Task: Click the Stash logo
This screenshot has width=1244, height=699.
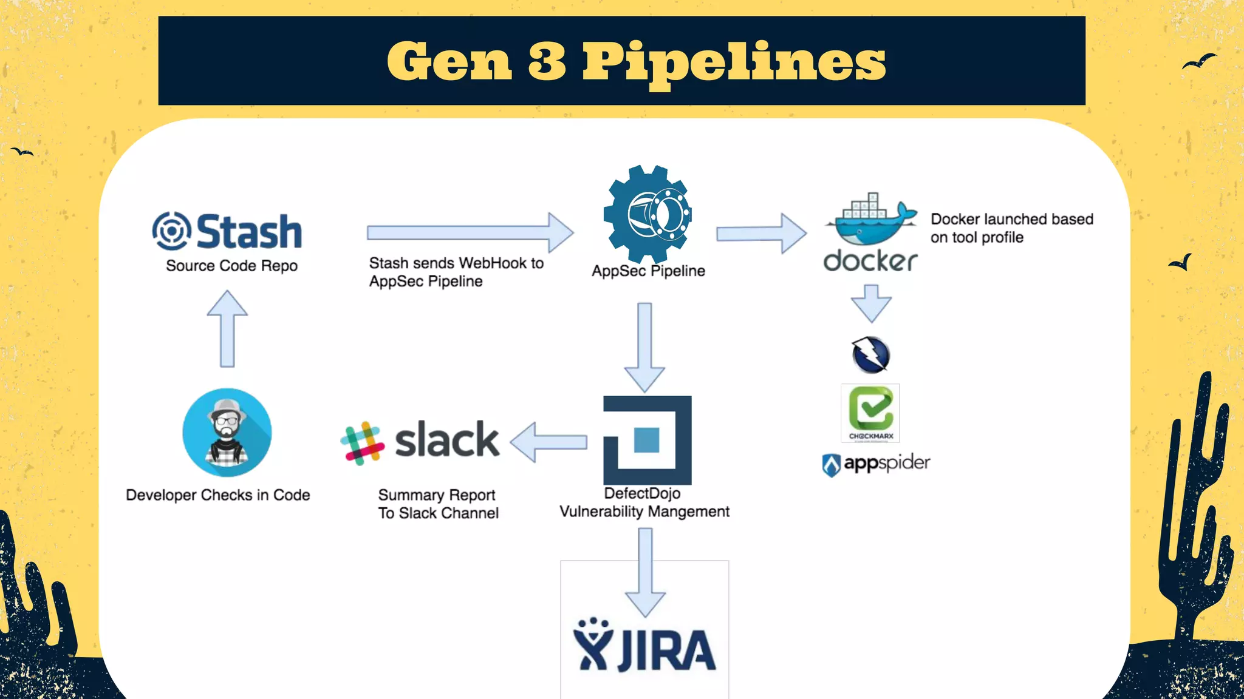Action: (227, 232)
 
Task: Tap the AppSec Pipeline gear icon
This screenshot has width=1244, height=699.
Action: (648, 214)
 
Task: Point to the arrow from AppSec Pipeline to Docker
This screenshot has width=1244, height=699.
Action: (761, 233)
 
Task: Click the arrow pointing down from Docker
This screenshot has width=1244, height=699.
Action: (871, 303)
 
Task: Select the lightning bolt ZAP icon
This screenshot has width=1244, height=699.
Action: (871, 355)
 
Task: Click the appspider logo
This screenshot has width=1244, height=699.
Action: (876, 464)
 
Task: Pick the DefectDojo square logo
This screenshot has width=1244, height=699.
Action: (647, 440)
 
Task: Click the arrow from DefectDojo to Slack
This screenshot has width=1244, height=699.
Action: (549, 442)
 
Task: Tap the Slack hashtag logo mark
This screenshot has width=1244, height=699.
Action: (363, 443)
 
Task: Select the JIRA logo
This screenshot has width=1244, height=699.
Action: (644, 646)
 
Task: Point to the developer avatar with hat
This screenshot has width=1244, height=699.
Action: (227, 433)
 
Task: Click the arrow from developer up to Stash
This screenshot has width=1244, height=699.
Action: (227, 329)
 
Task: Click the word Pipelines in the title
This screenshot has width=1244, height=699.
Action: (734, 62)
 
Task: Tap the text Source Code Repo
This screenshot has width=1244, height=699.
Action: (231, 266)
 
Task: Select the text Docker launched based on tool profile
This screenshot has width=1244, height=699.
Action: (1011, 228)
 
